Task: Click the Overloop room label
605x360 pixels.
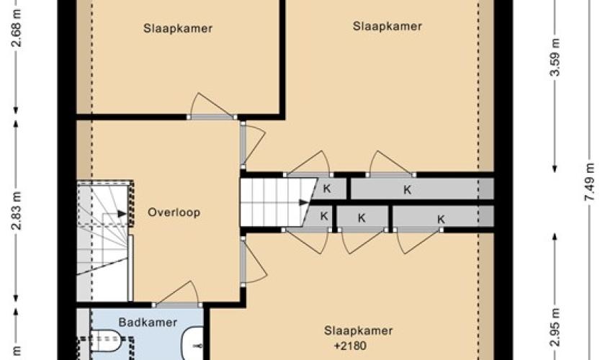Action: (x=174, y=212)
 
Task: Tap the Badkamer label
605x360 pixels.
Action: (x=148, y=322)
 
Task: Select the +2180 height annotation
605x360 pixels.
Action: (x=350, y=346)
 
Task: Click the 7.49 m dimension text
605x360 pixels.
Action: (x=589, y=181)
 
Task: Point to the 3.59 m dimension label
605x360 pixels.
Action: (x=555, y=57)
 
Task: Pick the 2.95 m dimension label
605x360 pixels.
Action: (x=555, y=327)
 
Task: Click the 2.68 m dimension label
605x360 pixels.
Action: (x=16, y=28)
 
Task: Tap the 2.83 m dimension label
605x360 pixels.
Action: (x=16, y=210)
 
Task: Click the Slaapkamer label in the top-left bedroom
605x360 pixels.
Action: (x=178, y=29)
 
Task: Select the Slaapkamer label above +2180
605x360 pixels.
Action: (x=359, y=330)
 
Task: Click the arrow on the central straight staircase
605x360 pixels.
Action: (x=304, y=202)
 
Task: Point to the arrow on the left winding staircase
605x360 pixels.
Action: (x=122, y=213)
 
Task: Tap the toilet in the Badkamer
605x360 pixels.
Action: (x=107, y=340)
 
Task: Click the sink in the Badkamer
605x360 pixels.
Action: (x=194, y=343)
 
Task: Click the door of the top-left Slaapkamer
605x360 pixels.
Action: (x=212, y=105)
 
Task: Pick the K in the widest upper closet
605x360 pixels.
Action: (x=408, y=190)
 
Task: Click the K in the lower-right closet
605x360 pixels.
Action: (x=441, y=220)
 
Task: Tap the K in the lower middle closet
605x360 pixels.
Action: (x=362, y=218)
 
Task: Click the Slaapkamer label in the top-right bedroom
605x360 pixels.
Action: (x=387, y=26)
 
